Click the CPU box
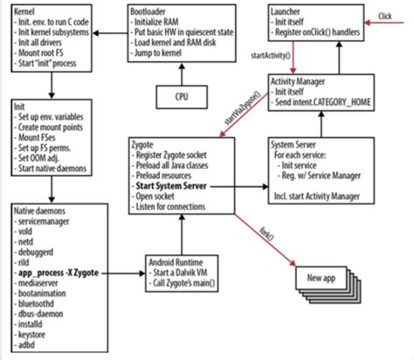point(181,93)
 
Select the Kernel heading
point(25,8)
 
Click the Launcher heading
point(286,8)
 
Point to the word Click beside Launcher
point(386,16)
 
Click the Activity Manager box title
point(302,84)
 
